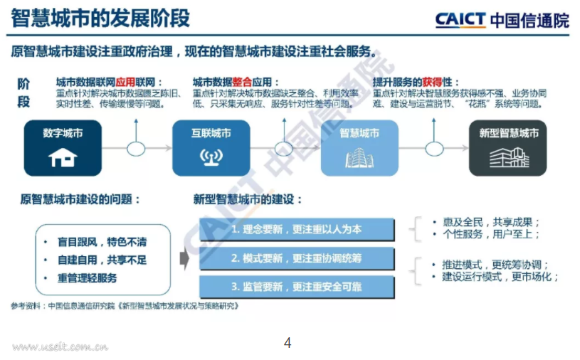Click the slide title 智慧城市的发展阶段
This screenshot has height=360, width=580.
(100, 18)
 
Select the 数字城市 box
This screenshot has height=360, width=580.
(63, 147)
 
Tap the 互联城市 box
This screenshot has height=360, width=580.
(211, 147)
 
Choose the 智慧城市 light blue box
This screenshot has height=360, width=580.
(359, 147)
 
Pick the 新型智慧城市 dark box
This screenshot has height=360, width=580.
(507, 147)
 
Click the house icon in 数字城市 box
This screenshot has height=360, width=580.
(63, 157)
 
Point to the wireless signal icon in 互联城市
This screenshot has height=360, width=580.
(211, 157)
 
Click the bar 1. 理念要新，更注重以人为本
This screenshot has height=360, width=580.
(296, 229)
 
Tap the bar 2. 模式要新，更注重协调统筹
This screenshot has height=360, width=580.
(296, 258)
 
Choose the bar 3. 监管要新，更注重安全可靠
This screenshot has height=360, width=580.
(296, 286)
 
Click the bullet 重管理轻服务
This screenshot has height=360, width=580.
(88, 277)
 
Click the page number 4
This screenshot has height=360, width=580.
(288, 343)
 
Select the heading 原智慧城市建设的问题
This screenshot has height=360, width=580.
(80, 199)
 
